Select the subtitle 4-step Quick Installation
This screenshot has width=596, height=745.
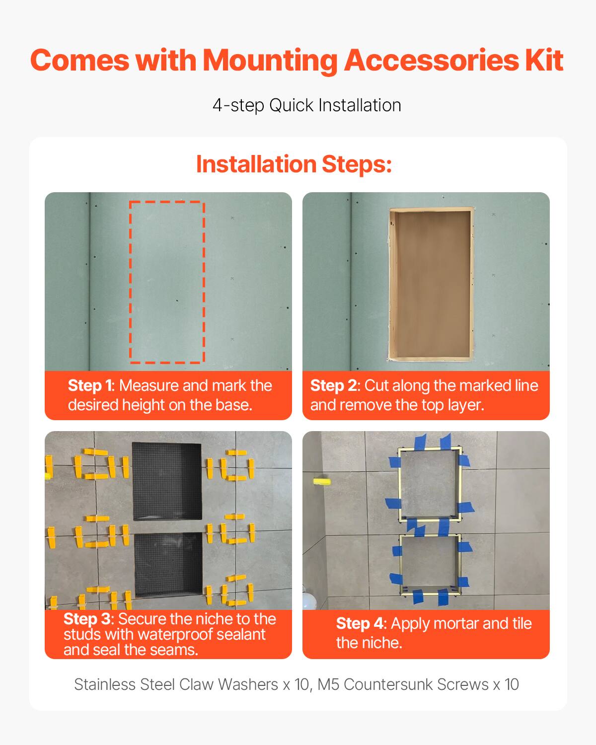pyautogui.click(x=306, y=105)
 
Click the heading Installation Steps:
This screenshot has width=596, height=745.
pyautogui.click(x=294, y=164)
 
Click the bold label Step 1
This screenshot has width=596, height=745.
pyautogui.click(x=90, y=386)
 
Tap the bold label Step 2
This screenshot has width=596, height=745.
pyautogui.click(x=333, y=386)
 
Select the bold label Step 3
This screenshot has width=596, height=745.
pyautogui.click(x=87, y=619)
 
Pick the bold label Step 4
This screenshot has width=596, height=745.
pyautogui.click(x=361, y=624)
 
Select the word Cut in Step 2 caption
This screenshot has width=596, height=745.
pyautogui.click(x=376, y=386)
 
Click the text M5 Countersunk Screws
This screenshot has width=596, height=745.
pyautogui.click(x=402, y=684)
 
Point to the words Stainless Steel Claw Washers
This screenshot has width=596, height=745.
pyautogui.click(x=176, y=684)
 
